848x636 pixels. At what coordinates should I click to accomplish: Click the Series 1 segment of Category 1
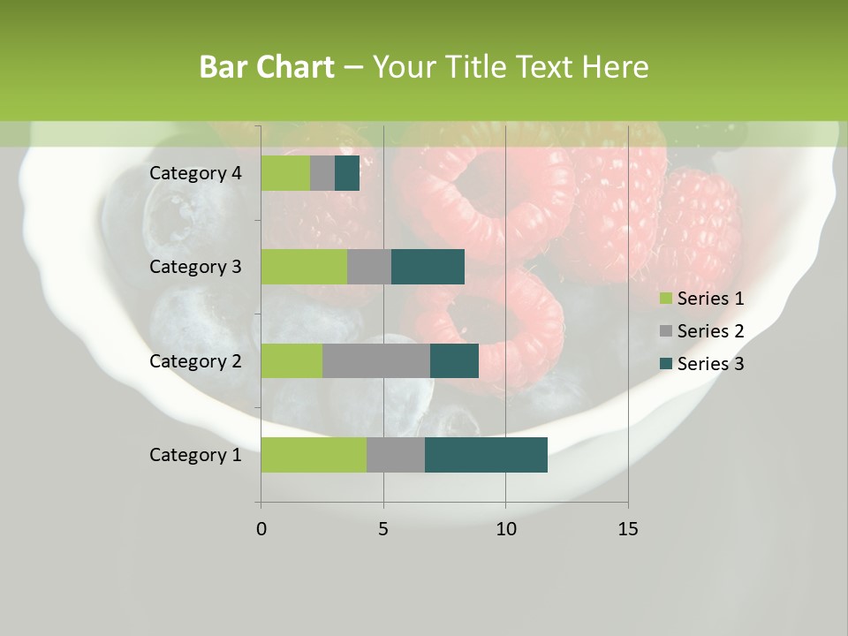coord(314,455)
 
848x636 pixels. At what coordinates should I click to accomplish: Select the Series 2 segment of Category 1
coord(396,455)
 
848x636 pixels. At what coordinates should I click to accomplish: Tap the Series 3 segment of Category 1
coord(486,455)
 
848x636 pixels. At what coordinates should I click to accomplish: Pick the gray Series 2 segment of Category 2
coord(376,360)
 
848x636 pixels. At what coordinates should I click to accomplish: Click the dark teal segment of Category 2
coord(454,360)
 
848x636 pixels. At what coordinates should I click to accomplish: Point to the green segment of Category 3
coord(304,267)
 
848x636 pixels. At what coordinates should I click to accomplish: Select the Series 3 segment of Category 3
coord(428,267)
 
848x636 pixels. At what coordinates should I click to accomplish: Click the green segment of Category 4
coord(285,173)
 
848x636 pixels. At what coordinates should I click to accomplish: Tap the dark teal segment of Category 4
coord(347,173)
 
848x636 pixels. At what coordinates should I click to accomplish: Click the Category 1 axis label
coord(195,455)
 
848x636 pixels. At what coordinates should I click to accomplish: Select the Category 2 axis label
coord(195,360)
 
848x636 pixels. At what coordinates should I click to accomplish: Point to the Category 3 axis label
coord(195,267)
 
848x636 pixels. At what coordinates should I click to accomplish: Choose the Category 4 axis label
coord(195,173)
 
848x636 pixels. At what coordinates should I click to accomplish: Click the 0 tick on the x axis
coord(261,529)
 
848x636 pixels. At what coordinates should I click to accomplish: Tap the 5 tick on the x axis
coord(383,529)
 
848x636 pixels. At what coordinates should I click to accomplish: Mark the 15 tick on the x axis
coord(628,529)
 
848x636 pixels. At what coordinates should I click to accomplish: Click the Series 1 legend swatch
coord(665,299)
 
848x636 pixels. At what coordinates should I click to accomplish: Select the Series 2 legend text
coord(710,331)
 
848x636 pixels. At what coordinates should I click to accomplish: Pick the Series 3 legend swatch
coord(665,364)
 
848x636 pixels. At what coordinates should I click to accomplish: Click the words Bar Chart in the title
coord(267,67)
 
